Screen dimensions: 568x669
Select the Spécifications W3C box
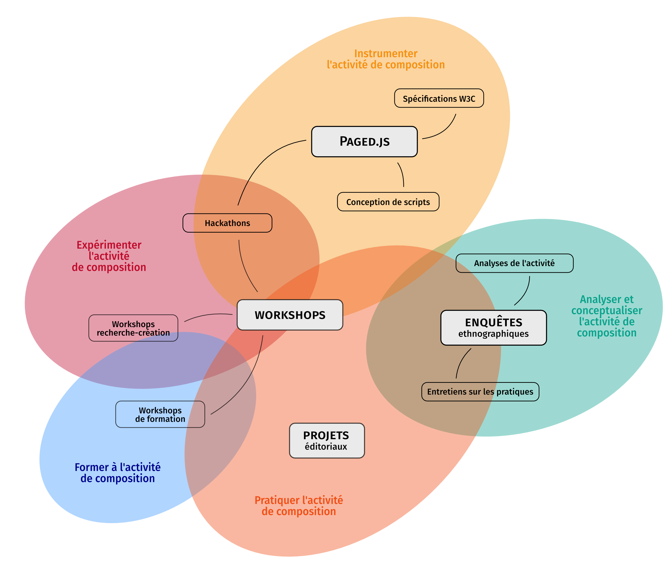tap(439, 98)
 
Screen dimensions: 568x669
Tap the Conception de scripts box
tap(388, 202)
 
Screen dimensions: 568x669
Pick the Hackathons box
tap(227, 223)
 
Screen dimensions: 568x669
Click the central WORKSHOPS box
tap(290, 315)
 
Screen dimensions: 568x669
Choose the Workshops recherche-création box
tap(133, 328)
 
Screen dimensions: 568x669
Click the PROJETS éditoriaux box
tap(327, 440)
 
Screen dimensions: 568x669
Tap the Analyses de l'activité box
tap(514, 263)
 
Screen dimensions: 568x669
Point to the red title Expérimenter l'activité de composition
tap(109, 256)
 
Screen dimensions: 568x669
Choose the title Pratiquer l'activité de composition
tap(298, 506)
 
